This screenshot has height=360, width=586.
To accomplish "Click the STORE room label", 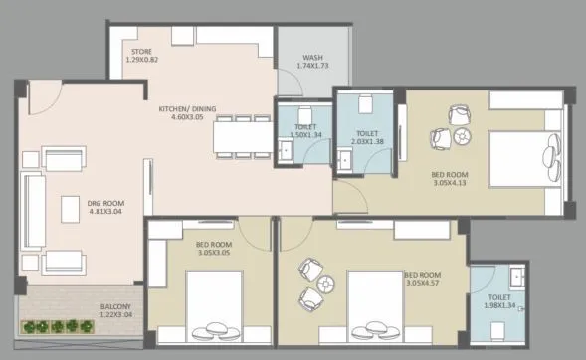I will point(138,49).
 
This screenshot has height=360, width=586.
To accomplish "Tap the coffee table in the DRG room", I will point(70,210).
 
